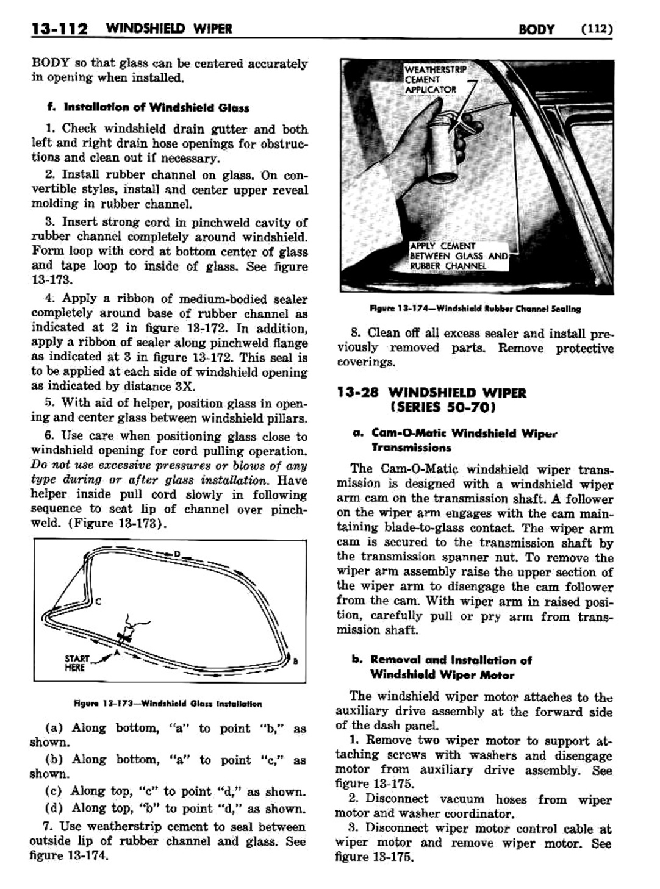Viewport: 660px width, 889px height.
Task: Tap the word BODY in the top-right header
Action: (536, 29)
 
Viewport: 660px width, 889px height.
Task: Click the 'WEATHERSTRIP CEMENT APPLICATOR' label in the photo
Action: (435, 80)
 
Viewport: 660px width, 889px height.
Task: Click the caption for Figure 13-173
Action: (168, 704)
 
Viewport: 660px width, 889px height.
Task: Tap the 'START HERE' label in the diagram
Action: (77, 663)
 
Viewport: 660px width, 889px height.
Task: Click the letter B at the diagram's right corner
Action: (295, 662)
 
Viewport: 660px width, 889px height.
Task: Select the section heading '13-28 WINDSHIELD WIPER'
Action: (431, 393)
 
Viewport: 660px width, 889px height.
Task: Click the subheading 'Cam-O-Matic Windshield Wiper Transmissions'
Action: (454, 440)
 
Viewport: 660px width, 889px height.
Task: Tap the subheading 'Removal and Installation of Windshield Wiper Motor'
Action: (451, 667)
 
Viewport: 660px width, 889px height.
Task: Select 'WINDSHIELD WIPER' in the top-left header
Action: (168, 29)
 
